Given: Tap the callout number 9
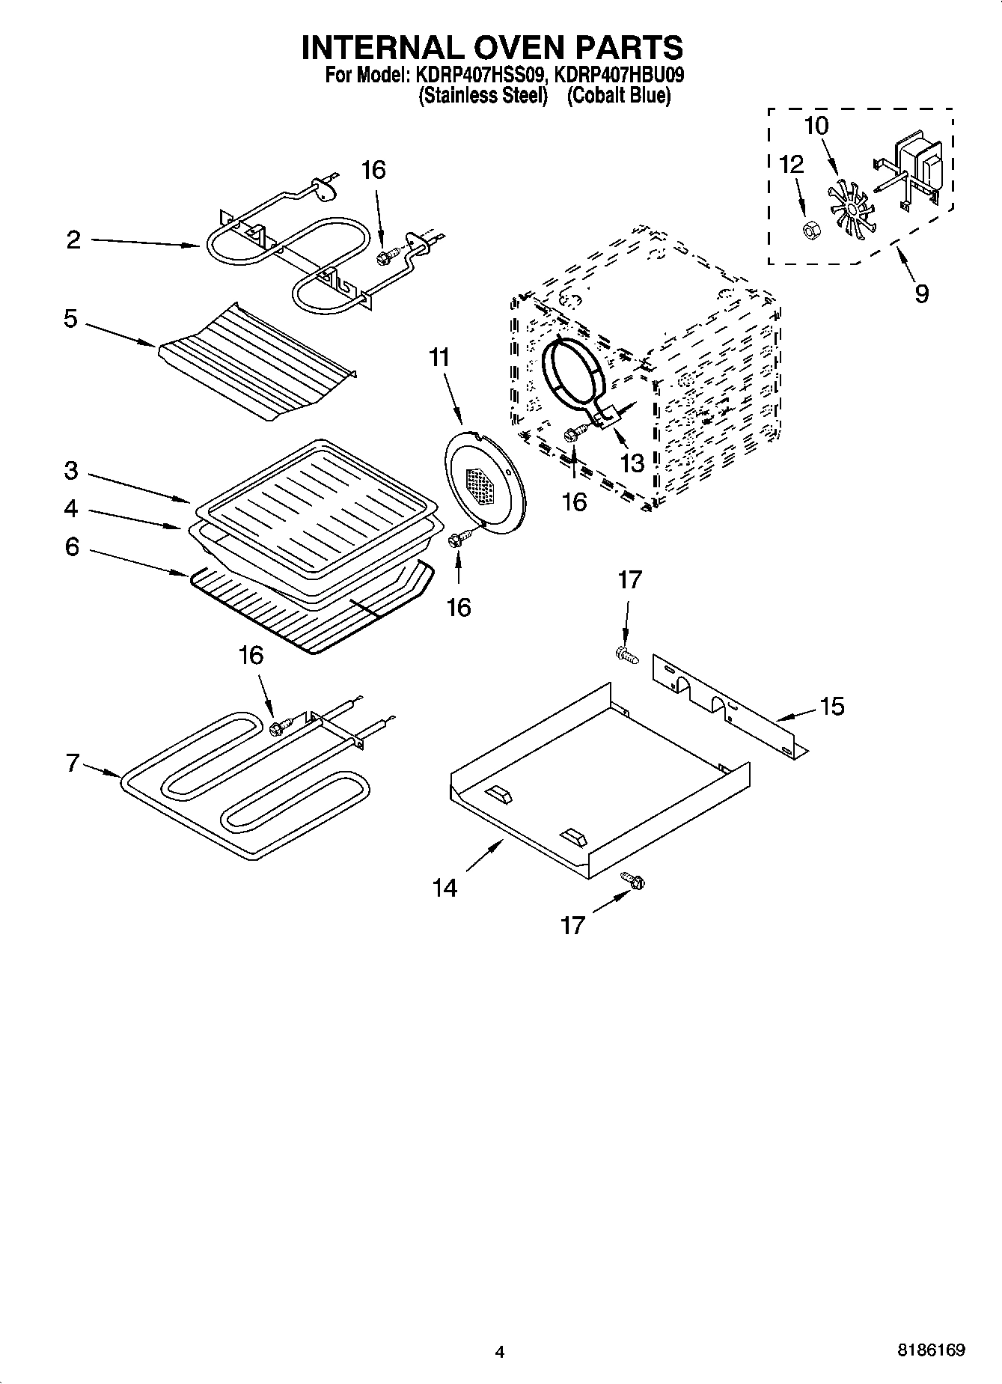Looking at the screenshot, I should point(921,293).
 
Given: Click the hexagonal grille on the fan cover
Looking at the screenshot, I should point(480,485).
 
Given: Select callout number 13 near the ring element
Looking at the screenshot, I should point(632,463).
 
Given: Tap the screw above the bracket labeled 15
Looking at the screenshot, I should point(626,656).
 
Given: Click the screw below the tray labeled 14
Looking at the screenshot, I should point(632,882).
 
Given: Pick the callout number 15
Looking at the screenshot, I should point(831,705).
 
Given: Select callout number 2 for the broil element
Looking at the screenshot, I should point(73,240).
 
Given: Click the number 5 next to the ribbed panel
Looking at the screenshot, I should point(70,319).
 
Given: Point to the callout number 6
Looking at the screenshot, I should point(72,547).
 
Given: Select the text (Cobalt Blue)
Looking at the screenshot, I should point(618,95).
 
